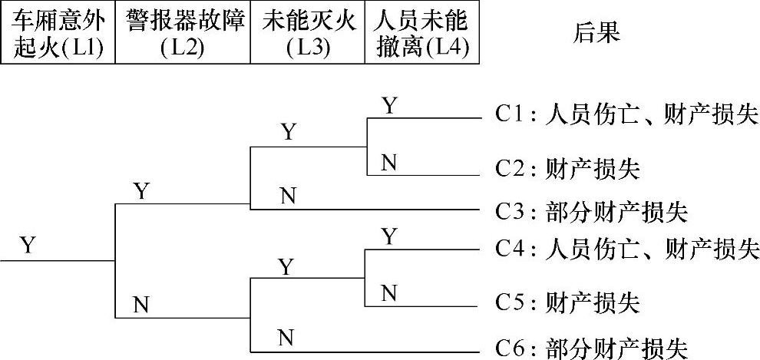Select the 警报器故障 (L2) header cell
coord(183,33)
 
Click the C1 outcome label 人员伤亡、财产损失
coord(625,116)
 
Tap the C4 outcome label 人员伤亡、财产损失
coord(625,249)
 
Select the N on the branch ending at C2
coord(389,162)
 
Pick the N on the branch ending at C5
coord(389,292)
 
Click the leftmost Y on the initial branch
coord(28,246)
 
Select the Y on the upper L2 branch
coord(141,190)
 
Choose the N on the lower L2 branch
coord(140,305)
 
